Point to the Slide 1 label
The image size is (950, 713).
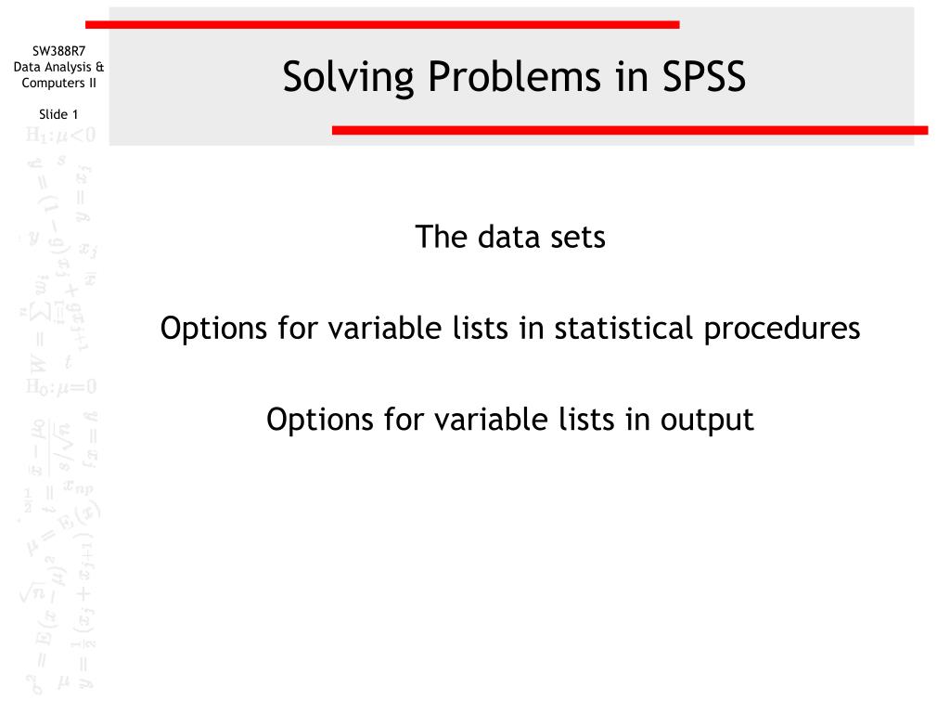tap(58, 114)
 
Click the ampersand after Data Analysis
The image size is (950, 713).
tap(99, 67)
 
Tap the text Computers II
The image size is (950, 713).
tap(58, 83)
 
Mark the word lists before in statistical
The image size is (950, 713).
tap(492, 329)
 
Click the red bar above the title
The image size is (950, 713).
tap(380, 24)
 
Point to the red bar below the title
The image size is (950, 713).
tap(629, 131)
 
